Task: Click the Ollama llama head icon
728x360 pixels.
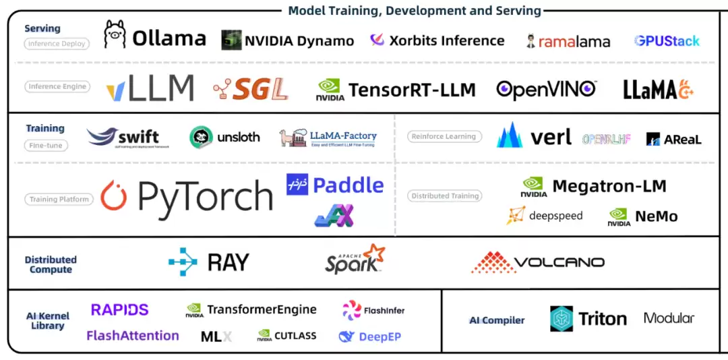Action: tap(115, 34)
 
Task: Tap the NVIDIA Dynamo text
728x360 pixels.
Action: tap(299, 40)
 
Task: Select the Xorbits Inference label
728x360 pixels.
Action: tap(446, 40)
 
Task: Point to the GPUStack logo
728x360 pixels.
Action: tap(667, 40)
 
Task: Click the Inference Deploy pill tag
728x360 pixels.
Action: tap(56, 44)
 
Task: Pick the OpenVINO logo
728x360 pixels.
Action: tap(546, 88)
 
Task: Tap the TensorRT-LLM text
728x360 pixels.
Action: tap(412, 90)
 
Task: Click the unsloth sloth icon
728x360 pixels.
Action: tap(201, 138)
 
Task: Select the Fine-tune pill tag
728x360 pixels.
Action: tap(45, 145)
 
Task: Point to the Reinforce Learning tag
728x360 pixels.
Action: tap(444, 136)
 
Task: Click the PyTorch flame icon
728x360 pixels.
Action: tap(114, 196)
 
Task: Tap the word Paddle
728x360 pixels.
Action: tap(348, 185)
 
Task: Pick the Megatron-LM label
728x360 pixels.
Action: tap(609, 185)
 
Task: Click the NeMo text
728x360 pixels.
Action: tap(656, 216)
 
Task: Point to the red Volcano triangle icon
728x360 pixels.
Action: tap(492, 262)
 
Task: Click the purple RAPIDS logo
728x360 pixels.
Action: tap(119, 309)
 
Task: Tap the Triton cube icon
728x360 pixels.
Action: tap(562, 319)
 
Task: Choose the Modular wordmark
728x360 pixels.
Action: tap(669, 318)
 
